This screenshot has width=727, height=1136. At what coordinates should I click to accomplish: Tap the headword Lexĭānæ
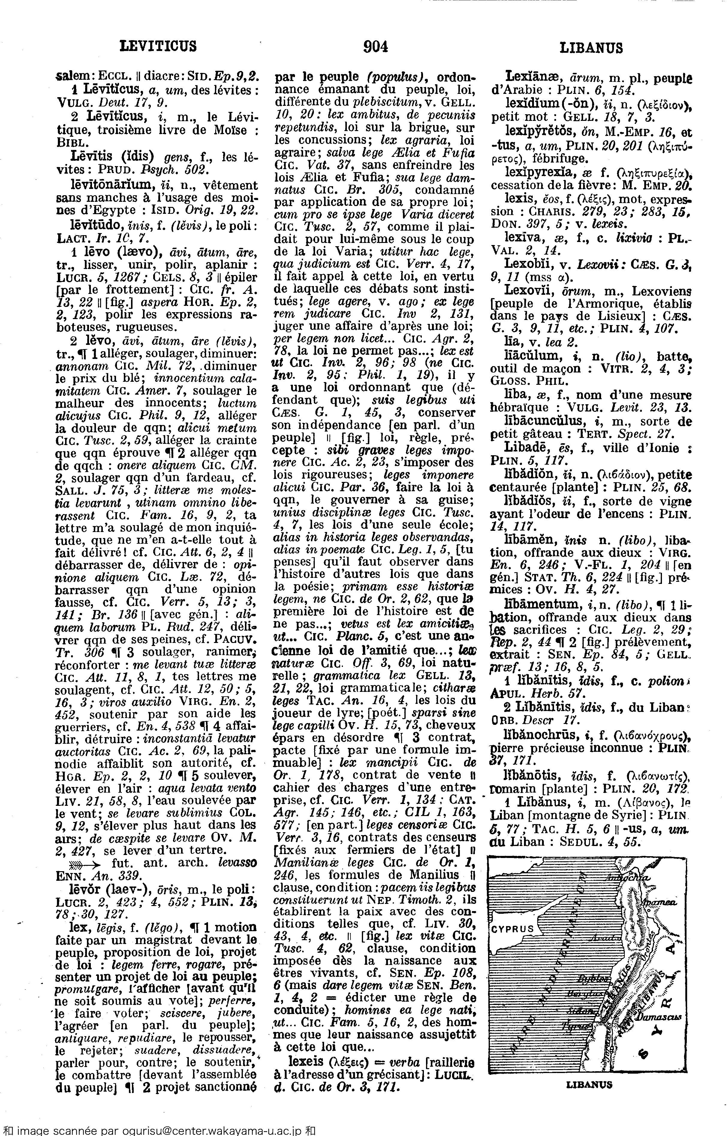coord(529,76)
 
